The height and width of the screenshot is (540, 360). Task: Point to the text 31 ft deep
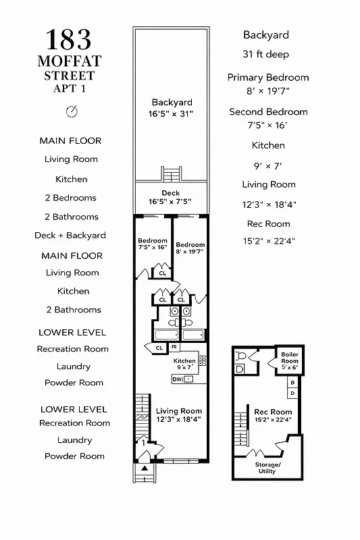click(x=266, y=55)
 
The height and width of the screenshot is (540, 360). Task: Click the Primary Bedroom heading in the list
click(x=268, y=78)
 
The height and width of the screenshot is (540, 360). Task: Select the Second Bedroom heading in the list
click(x=268, y=112)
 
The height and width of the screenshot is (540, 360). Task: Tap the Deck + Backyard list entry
click(x=70, y=236)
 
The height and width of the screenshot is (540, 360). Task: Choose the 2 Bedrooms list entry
click(x=70, y=198)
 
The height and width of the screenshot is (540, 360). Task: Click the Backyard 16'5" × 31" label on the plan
click(x=172, y=108)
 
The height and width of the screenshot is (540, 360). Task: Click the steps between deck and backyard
click(x=172, y=173)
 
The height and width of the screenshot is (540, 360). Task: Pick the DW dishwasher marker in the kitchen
click(x=178, y=379)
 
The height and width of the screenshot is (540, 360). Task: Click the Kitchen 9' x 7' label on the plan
click(x=184, y=364)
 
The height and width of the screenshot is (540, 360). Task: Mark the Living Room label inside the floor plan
click(x=179, y=414)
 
